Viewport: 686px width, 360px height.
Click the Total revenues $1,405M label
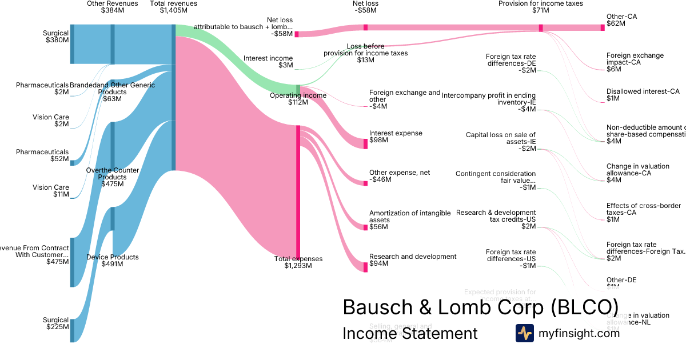pyautogui.click(x=173, y=7)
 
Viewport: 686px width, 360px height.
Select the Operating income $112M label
pyautogui.click(x=298, y=99)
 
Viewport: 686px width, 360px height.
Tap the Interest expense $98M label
pyautogui.click(x=396, y=137)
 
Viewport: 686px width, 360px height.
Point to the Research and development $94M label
pyautogui.click(x=413, y=260)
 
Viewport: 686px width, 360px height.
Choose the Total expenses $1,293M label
pyautogui.click(x=298, y=262)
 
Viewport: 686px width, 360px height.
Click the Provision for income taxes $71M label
pyautogui.click(x=540, y=7)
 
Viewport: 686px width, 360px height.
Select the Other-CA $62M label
pyautogui.click(x=622, y=20)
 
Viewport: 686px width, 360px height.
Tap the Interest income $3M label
pyautogui.click(x=268, y=62)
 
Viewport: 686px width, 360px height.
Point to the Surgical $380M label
pyautogui.click(x=55, y=37)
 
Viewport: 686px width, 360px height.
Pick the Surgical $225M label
pyautogui.click(x=55, y=324)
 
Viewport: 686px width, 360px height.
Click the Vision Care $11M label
pyautogui.click(x=51, y=191)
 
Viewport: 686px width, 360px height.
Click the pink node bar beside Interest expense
pyautogui.click(x=365, y=143)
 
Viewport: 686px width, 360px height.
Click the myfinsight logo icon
pyautogui.click(x=524, y=333)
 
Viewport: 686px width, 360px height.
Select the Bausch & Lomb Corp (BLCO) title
pyautogui.click(x=480, y=307)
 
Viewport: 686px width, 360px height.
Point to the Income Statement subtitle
pyautogui.click(x=410, y=333)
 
